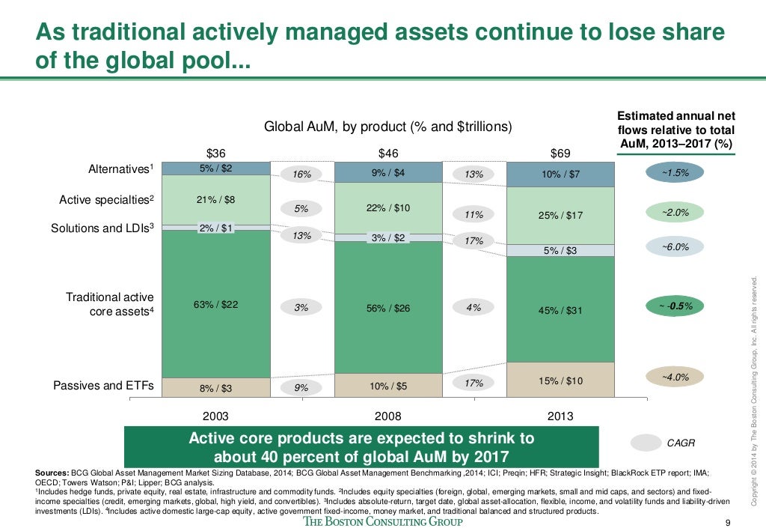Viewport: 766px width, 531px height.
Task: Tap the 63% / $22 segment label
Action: pyautogui.click(x=216, y=304)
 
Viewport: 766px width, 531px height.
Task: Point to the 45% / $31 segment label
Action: pyautogui.click(x=560, y=310)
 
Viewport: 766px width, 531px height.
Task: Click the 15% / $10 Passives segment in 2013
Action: pyautogui.click(x=560, y=380)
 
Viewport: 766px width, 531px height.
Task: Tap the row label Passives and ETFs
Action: pyautogui.click(x=103, y=386)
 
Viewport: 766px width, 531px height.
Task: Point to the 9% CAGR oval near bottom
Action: pyautogui.click(x=301, y=388)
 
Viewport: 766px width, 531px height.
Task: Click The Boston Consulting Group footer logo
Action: pyautogui.click(x=383, y=521)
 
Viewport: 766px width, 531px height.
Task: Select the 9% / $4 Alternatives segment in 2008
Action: pyautogui.click(x=387, y=173)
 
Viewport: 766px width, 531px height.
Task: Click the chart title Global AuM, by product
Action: pyautogui.click(x=388, y=127)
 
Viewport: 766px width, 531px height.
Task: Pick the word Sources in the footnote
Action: pyautogui.click(x=51, y=473)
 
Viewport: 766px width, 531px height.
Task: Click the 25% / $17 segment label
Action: pyautogui.click(x=560, y=216)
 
